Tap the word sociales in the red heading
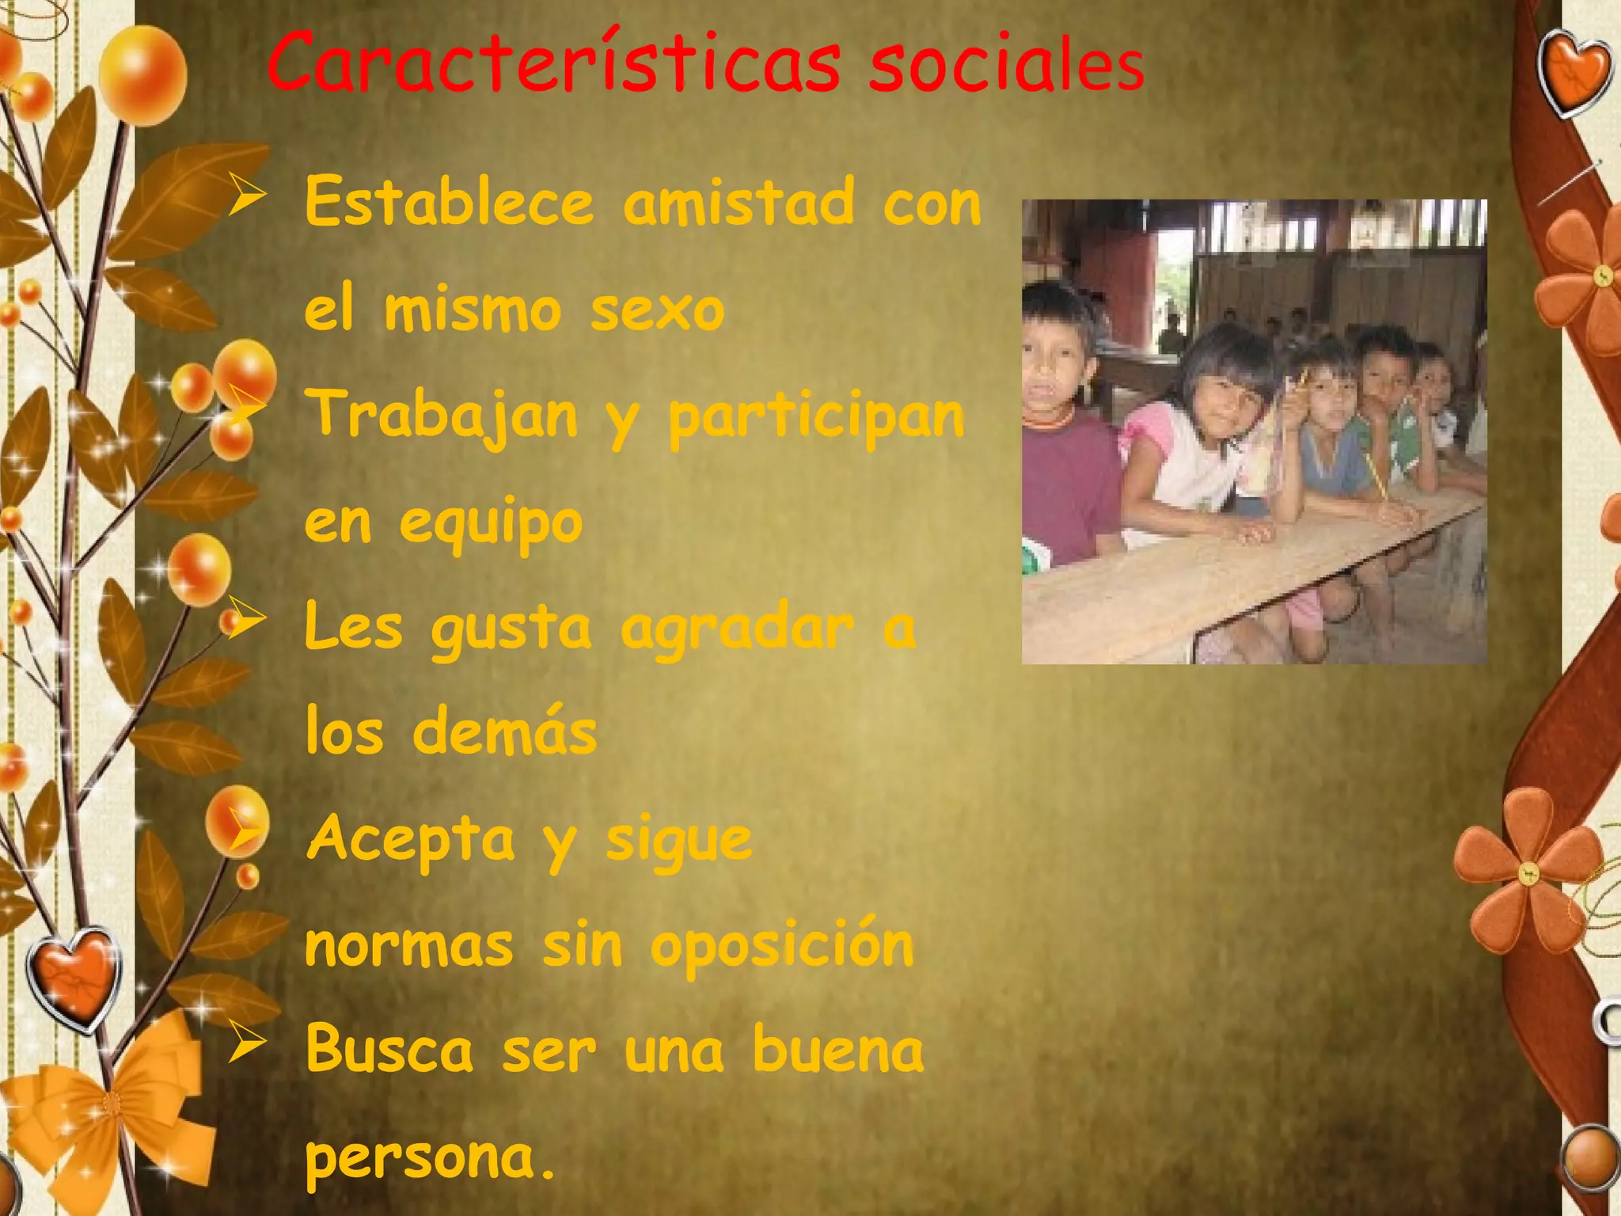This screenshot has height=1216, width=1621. point(1007,65)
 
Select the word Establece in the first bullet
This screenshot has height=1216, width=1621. point(449,203)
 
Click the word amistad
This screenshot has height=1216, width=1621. point(738,203)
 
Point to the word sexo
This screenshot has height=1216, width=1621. point(657,310)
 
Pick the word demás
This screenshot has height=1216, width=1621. point(504,731)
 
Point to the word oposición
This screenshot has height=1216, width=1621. point(782,945)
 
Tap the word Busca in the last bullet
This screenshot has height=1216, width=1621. point(389,1050)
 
